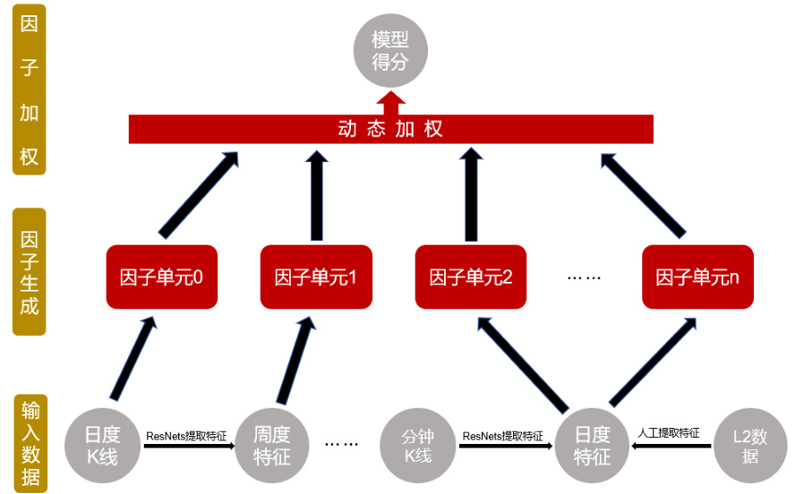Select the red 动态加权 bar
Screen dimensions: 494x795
coord(391,129)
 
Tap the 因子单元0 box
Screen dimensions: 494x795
coord(161,277)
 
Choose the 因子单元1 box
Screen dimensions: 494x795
coord(315,277)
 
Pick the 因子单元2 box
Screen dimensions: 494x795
coord(470,277)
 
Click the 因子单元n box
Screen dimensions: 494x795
coord(697,277)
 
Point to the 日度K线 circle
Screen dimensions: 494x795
coord(102,445)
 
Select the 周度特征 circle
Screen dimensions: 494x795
coord(271,445)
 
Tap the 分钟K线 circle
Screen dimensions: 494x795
coord(418,445)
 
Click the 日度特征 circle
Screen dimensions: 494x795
coord(592,445)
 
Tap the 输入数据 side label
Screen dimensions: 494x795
coord(30,441)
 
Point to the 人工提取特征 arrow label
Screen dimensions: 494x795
coord(669,433)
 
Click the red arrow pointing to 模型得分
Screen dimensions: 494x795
coord(391,101)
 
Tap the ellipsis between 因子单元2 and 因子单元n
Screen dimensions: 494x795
coord(584,277)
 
